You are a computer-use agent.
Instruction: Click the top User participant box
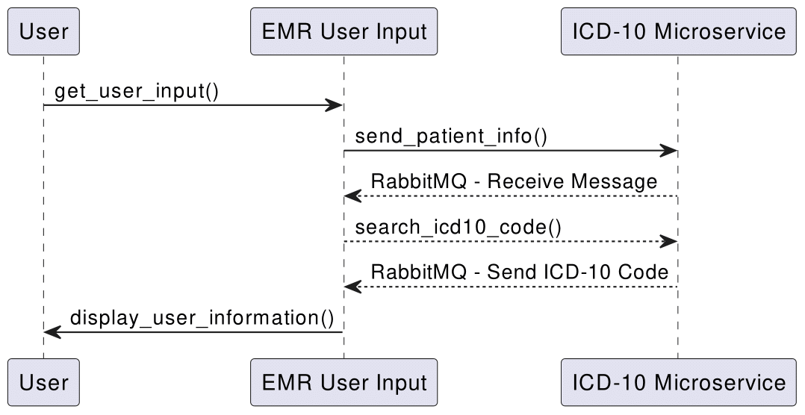[43, 32]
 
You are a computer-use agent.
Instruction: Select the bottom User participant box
[43, 383]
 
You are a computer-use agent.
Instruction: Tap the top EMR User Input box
[344, 32]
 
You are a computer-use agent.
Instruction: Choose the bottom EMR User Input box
[344, 383]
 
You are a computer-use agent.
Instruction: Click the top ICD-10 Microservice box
[678, 32]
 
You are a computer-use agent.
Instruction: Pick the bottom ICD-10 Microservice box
[678, 383]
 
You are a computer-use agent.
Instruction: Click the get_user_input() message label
[137, 91]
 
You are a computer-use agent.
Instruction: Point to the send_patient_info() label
[451, 137]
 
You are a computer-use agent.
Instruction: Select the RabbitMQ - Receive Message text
[514, 181]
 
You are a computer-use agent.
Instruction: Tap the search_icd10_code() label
[458, 227]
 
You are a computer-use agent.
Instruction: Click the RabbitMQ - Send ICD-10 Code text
[519, 272]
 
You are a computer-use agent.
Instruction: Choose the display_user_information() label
[202, 317]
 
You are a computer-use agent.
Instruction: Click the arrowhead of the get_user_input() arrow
[335, 106]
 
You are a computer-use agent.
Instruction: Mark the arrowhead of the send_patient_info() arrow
[669, 152]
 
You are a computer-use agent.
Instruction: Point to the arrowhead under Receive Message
[352, 197]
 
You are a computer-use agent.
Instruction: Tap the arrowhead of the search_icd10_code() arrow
[669, 242]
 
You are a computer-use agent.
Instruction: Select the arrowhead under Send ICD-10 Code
[352, 287]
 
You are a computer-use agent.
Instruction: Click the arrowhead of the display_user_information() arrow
[52, 332]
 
